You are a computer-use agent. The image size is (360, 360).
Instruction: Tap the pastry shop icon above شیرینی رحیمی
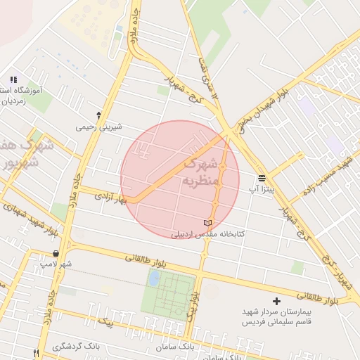(98, 114)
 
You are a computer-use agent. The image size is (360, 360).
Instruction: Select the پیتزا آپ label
(263, 189)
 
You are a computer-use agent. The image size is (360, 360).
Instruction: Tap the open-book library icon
(207, 223)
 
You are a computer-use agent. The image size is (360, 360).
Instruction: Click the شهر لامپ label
(56, 264)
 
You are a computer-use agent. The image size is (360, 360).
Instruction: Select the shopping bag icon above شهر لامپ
(56, 253)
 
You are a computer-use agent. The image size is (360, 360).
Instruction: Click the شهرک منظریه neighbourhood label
(202, 173)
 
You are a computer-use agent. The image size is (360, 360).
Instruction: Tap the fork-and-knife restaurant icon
(37, 353)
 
